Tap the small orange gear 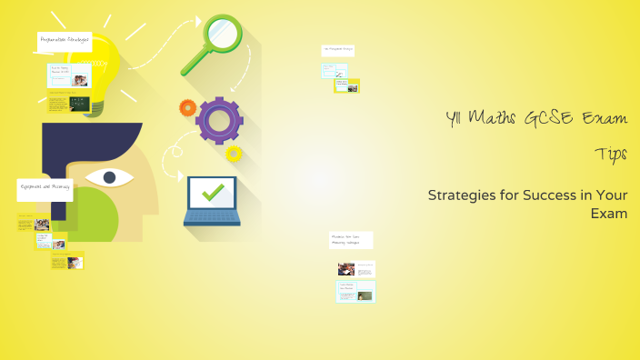click(187, 108)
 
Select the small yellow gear click(234, 153)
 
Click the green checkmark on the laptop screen click(211, 192)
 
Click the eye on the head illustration click(111, 176)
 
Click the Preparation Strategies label click(65, 40)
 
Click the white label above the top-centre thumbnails click(337, 50)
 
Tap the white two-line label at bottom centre click(351, 240)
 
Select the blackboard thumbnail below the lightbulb click(80, 103)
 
